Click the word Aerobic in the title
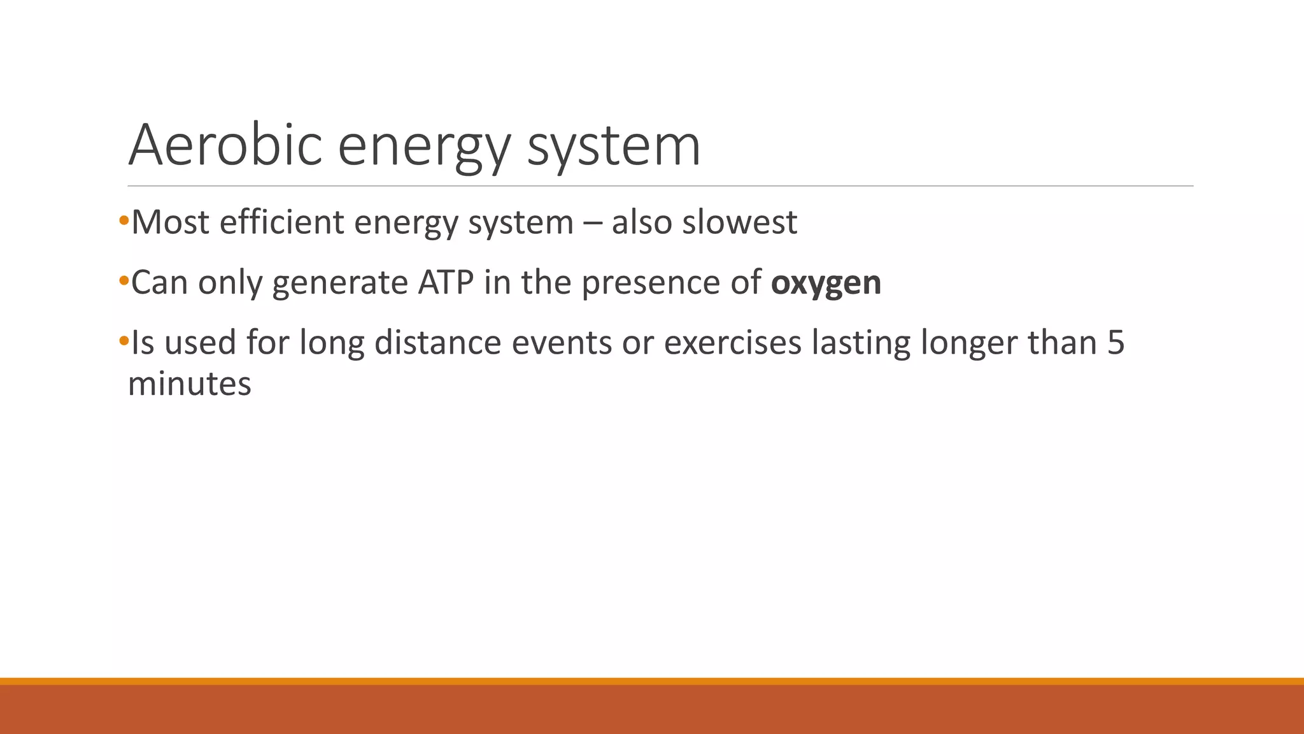click(225, 145)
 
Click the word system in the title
click(614, 145)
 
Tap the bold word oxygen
click(826, 282)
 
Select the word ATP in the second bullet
click(446, 282)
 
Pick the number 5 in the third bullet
click(1116, 342)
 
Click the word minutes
click(190, 384)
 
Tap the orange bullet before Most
click(124, 221)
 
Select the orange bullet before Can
click(124, 281)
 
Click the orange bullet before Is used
click(124, 341)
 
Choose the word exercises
click(732, 342)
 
